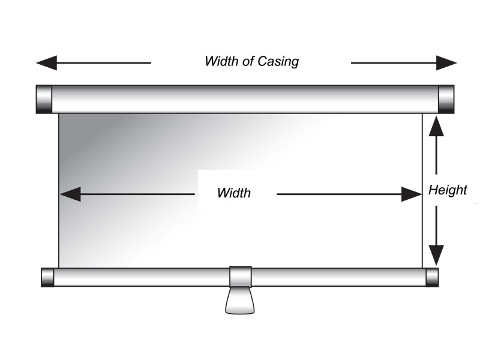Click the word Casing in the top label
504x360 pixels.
pos(278,61)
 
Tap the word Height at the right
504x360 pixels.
pos(448,190)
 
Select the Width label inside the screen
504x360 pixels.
pos(233,193)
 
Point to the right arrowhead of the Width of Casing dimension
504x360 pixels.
pos(447,62)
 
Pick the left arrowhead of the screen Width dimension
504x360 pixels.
pos(70,194)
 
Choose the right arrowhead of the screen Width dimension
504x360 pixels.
pos(412,194)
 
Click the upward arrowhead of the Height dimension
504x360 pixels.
pos(436,124)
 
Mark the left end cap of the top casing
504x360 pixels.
pos(44,99)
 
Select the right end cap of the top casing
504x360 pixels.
pos(446,99)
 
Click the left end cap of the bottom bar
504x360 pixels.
pos(47,277)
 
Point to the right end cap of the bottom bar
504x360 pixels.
pos(432,277)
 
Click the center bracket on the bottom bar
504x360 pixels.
pos(241,276)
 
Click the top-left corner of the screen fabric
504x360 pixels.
pos(59,114)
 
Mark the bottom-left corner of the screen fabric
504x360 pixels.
pos(59,267)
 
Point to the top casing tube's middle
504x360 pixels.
pos(245,99)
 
